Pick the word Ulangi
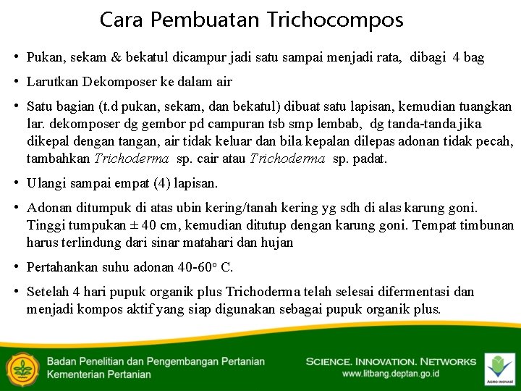pos(46,183)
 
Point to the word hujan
pos(277,243)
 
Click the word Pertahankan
pos(62,267)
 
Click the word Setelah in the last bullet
pos(48,292)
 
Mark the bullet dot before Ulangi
pos(15,183)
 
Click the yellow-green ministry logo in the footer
pos(22,367)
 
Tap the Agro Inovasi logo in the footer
pos(499,367)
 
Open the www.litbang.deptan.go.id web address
pos(390,374)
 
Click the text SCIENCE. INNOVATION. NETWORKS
pos(391,361)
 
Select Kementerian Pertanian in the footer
pos(99,374)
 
